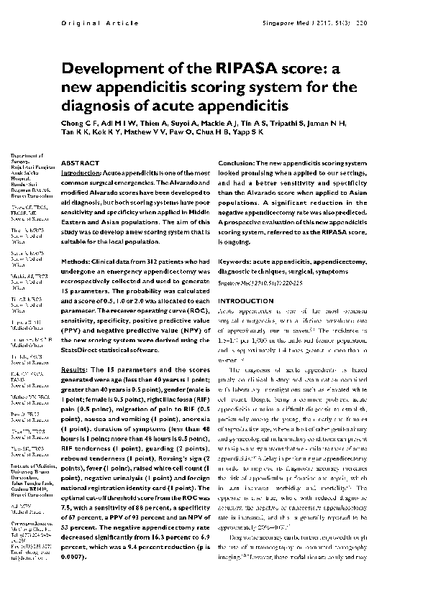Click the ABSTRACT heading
[x=81, y=164]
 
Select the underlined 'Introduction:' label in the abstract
[x=81, y=174]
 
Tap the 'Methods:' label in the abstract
[x=78, y=244]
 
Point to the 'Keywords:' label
[x=236, y=244]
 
